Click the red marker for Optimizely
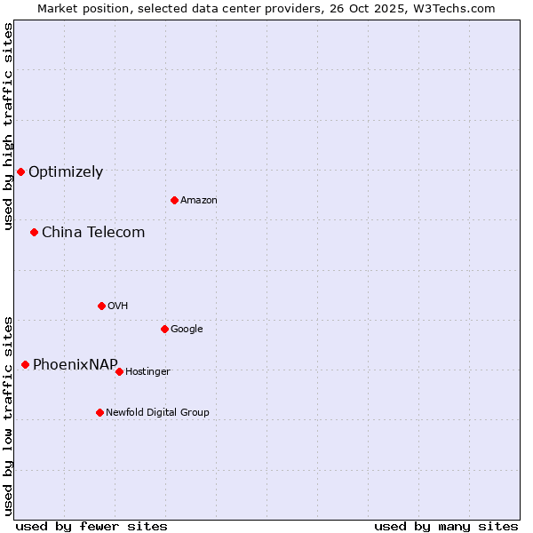click(x=20, y=171)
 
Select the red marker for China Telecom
click(x=34, y=232)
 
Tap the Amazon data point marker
click(x=174, y=200)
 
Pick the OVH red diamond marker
click(x=101, y=306)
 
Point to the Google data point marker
click(x=164, y=329)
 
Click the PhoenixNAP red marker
click(x=25, y=364)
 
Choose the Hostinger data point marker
click(x=119, y=371)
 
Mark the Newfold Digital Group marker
click(x=99, y=412)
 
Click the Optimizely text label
click(x=66, y=172)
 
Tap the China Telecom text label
click(x=93, y=233)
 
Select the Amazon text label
click(x=199, y=201)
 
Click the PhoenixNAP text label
click(x=76, y=365)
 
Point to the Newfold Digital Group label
click(x=157, y=412)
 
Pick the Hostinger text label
click(x=147, y=372)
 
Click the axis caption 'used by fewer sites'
click(x=91, y=526)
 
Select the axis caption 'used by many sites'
click(x=446, y=526)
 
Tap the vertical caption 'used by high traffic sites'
click(x=8, y=126)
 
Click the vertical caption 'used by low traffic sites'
click(x=8, y=416)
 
